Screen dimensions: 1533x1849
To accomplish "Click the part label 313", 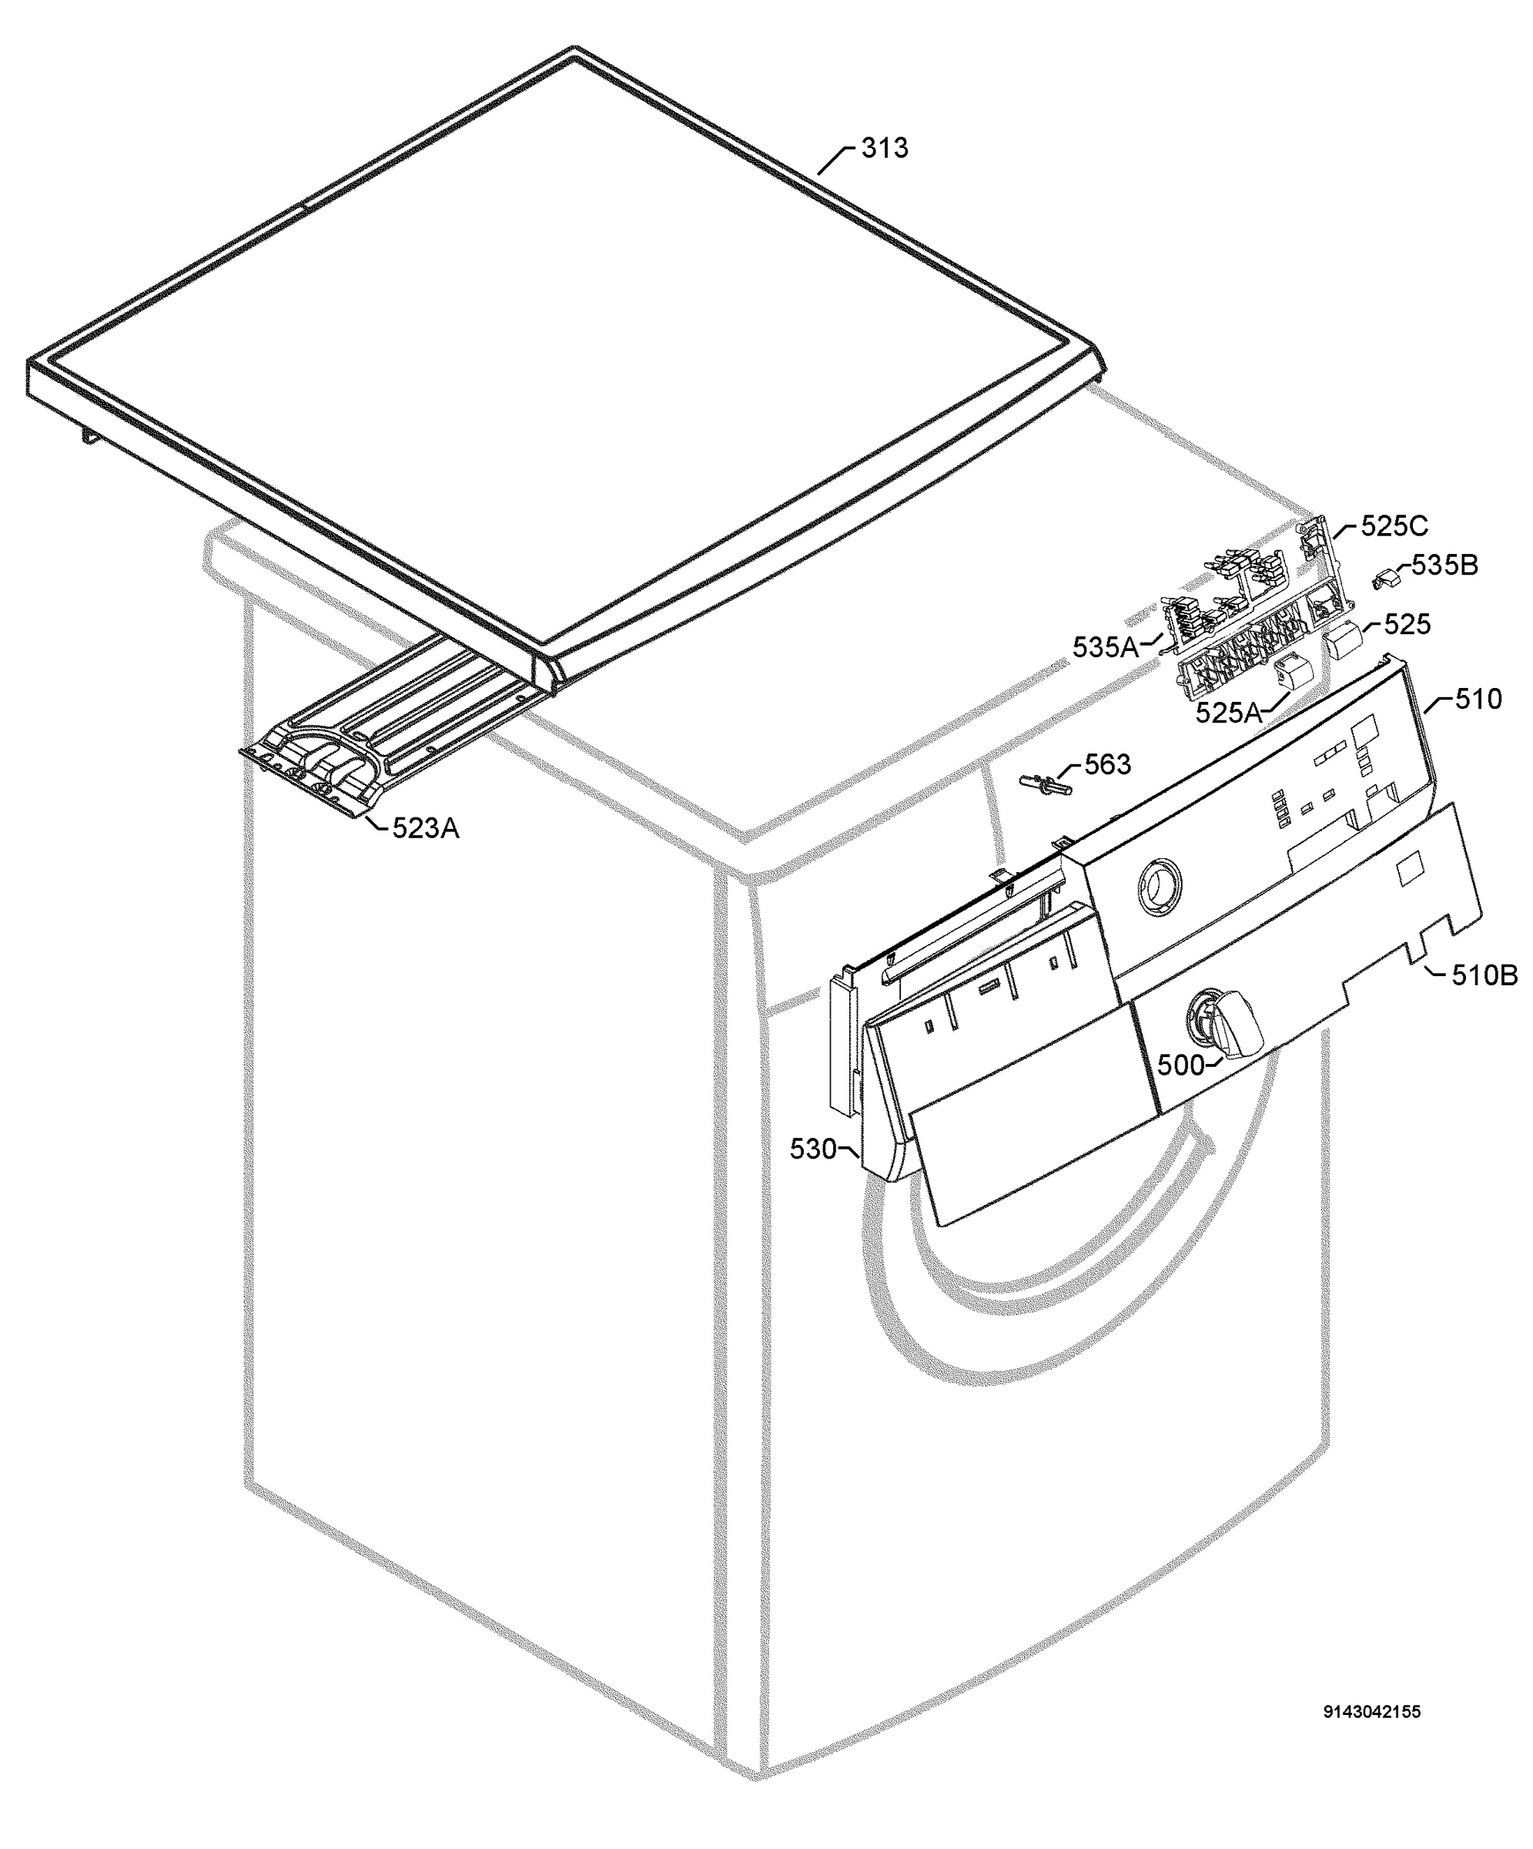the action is (884, 148).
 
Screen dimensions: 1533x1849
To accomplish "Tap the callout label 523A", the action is (425, 827).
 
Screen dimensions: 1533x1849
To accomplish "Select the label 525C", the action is (1394, 525).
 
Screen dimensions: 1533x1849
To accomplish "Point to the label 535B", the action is (1445, 565).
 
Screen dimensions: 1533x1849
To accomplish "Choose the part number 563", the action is (1107, 764).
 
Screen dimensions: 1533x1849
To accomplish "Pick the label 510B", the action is (1484, 975).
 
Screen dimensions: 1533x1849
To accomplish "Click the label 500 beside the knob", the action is (1180, 1065).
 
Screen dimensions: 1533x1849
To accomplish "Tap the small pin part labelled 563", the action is (1046, 784).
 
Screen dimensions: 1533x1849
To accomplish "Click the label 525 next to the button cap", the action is (1407, 624).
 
